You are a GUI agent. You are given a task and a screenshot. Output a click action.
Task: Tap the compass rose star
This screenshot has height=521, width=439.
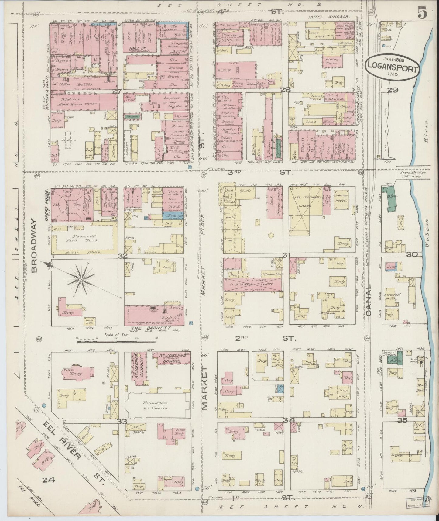coord(81,279)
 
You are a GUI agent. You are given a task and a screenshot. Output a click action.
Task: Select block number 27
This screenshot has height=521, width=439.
coord(117,91)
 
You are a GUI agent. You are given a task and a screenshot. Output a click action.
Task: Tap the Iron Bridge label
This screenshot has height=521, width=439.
coord(413,174)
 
